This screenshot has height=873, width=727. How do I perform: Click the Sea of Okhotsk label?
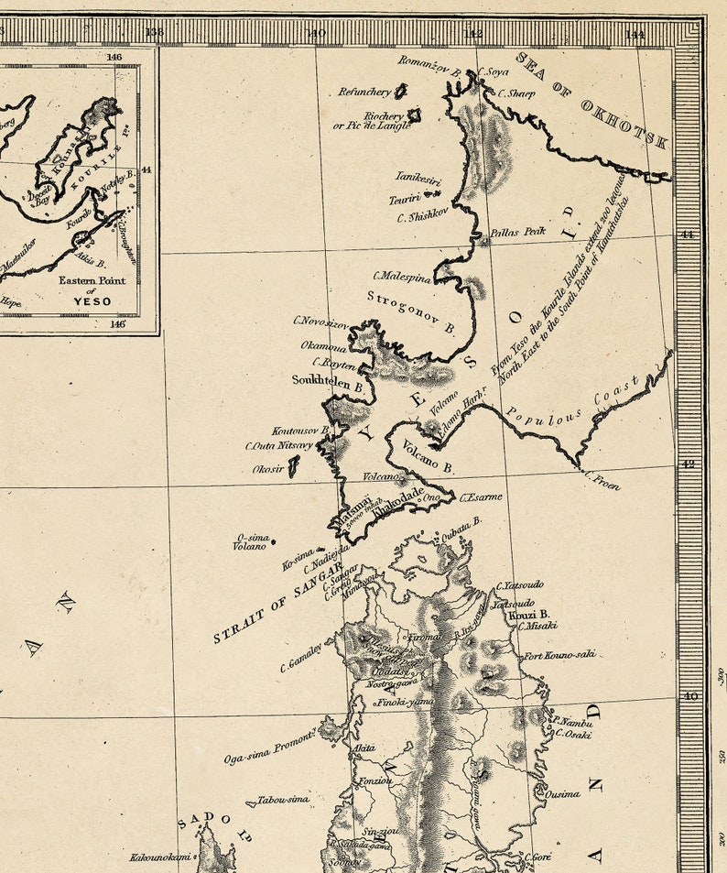[x=592, y=100]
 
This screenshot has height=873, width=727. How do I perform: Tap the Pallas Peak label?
[x=517, y=232]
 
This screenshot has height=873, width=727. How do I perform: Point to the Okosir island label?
[x=269, y=469]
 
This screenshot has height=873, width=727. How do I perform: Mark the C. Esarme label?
[x=481, y=497]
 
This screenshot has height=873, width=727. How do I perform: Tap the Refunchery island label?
[x=365, y=92]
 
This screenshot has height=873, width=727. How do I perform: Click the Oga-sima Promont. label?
[x=271, y=747]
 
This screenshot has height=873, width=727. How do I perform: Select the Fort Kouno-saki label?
[x=559, y=655]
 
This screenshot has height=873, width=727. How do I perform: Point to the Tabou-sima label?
[x=283, y=800]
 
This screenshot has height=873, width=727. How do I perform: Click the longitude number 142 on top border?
[x=474, y=34]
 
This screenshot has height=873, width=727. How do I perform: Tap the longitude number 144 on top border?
[x=635, y=34]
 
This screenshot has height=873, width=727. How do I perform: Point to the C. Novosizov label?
[x=320, y=321]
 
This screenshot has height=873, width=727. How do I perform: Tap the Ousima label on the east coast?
[x=562, y=794]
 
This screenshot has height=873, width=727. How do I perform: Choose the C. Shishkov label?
[x=422, y=217]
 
